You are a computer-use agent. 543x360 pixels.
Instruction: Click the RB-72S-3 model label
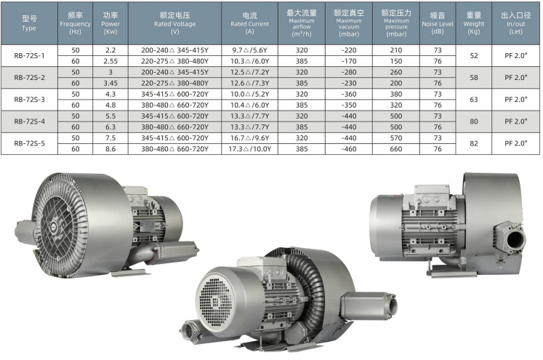click(x=29, y=100)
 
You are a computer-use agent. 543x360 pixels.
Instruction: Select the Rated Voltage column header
click(x=175, y=23)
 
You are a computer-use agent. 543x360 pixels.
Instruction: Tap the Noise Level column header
click(x=438, y=23)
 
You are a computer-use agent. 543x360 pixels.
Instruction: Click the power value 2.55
click(x=110, y=61)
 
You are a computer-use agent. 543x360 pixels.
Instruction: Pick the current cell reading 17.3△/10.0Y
click(x=249, y=149)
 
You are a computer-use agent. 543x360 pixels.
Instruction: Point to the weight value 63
click(x=474, y=100)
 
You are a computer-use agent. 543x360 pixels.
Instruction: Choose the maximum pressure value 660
click(x=396, y=149)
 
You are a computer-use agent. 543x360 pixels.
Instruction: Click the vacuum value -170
click(x=349, y=61)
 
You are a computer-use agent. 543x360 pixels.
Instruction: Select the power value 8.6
click(x=110, y=149)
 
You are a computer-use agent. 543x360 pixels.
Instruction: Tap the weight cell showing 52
click(x=474, y=56)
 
